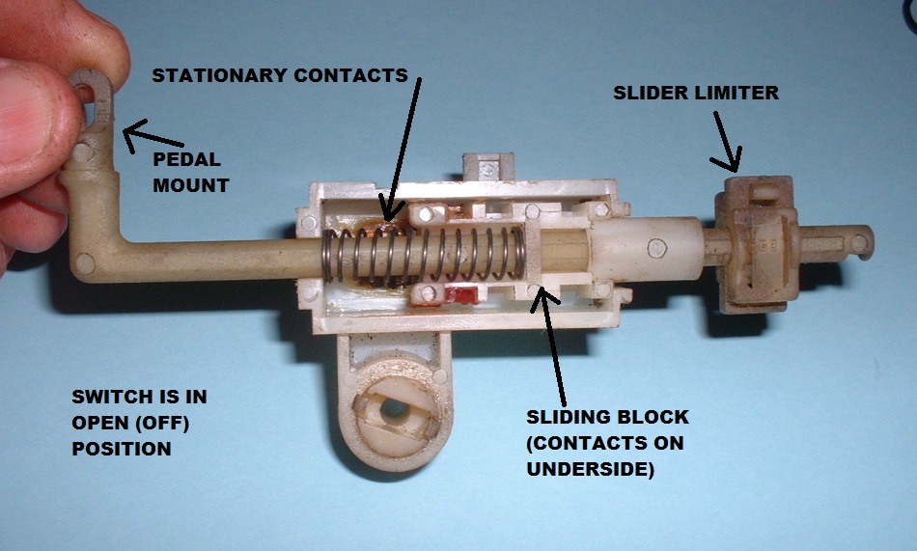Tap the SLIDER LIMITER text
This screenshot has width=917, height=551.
coord(695,94)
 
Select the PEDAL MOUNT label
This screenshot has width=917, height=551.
coord(190,172)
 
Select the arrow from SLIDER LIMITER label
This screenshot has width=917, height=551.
coord(727,140)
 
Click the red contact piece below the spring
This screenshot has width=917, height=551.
coord(461,295)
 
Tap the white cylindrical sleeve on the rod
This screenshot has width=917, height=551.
coord(648,249)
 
